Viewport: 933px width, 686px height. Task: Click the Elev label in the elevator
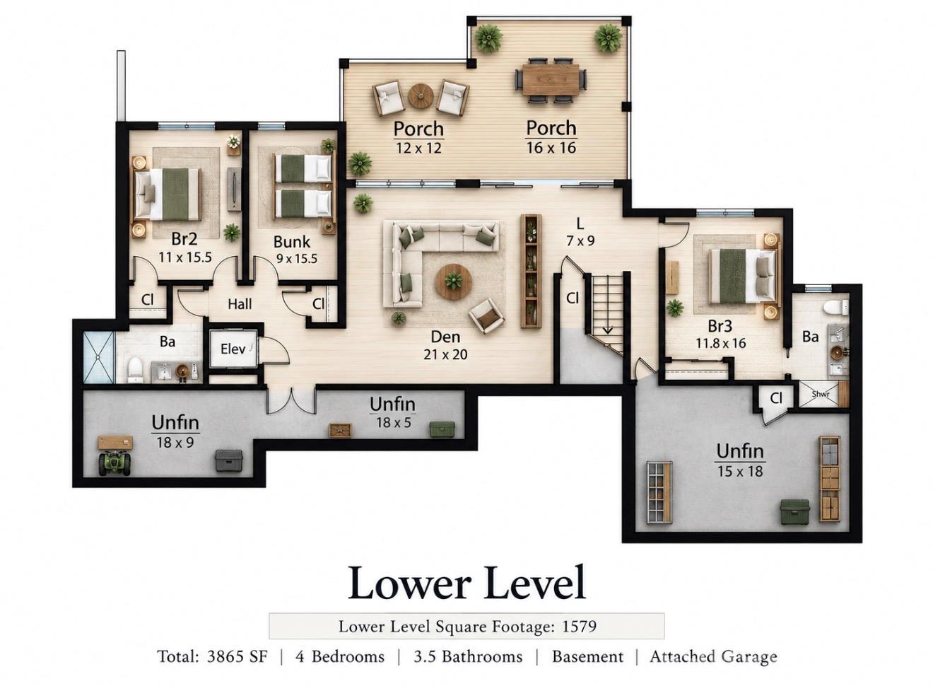pyautogui.click(x=233, y=349)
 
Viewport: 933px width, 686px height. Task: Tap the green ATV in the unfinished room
pyautogui.click(x=115, y=463)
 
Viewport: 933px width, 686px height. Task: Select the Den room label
pyautogui.click(x=445, y=337)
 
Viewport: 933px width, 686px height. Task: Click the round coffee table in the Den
pyautogui.click(x=454, y=281)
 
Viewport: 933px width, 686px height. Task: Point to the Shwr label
pyautogui.click(x=820, y=393)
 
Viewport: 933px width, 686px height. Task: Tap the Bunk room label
pyautogui.click(x=291, y=242)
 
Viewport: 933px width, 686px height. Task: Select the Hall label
pyautogui.click(x=240, y=304)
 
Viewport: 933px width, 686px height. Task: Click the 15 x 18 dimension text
pyautogui.click(x=740, y=471)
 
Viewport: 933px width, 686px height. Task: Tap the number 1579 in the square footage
pyautogui.click(x=580, y=626)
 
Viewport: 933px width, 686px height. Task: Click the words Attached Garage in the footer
pyautogui.click(x=713, y=657)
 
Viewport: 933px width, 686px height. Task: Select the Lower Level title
pyautogui.click(x=467, y=583)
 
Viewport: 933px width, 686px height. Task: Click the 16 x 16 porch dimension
pyautogui.click(x=551, y=148)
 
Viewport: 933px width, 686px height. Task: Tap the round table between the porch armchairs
pyautogui.click(x=421, y=96)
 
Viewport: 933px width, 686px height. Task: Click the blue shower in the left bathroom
pyautogui.click(x=99, y=357)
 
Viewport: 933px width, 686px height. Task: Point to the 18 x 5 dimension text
pyautogui.click(x=394, y=423)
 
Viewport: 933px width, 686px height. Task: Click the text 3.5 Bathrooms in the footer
pyautogui.click(x=468, y=657)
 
